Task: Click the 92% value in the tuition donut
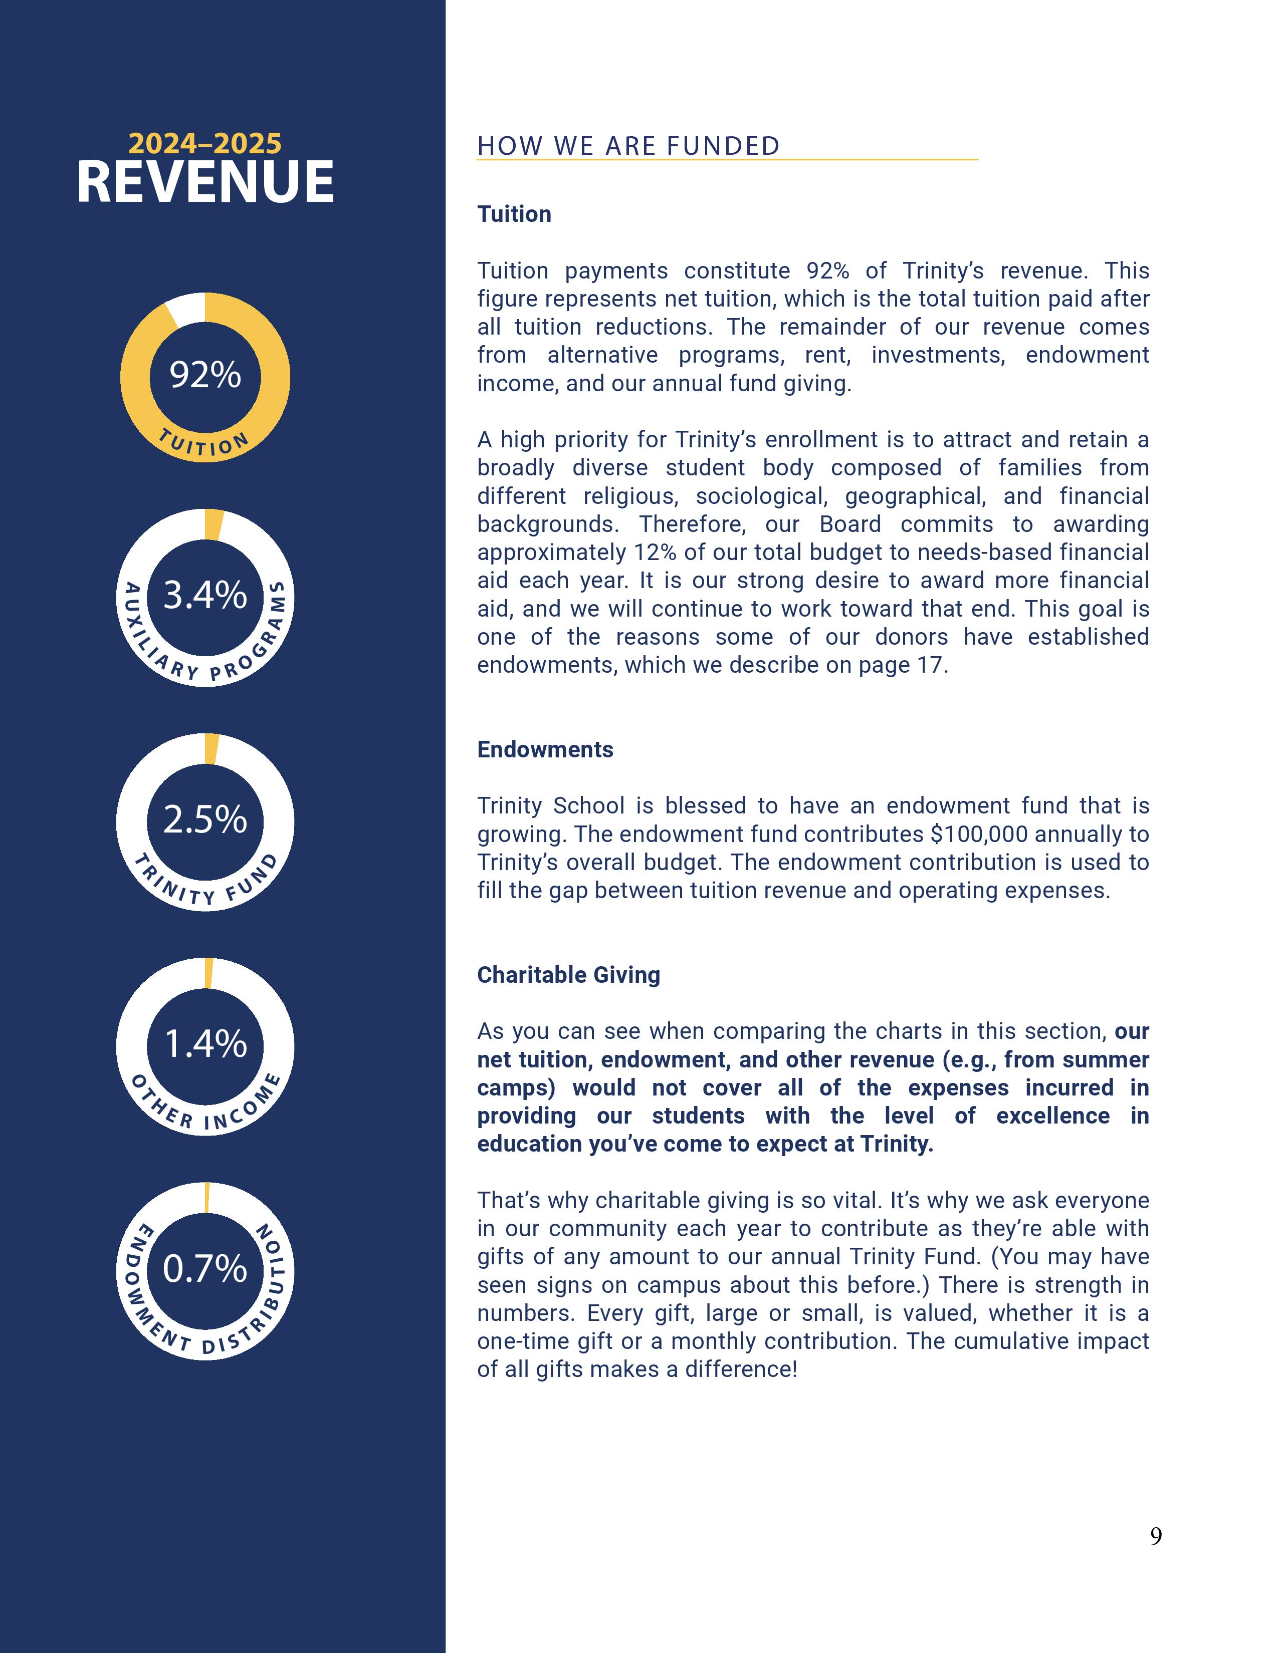coord(204,375)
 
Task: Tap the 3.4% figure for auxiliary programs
coord(204,595)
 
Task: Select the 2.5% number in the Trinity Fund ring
coord(204,819)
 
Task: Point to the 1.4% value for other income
coord(205,1044)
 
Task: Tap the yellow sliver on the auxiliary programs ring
coord(215,524)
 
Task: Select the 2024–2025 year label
coord(204,143)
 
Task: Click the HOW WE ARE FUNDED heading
coord(627,146)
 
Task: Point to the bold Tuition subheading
coord(514,214)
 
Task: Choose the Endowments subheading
coord(545,749)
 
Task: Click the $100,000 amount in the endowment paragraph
coord(979,834)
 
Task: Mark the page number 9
coord(1155,1536)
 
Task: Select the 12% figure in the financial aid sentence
coord(653,553)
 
